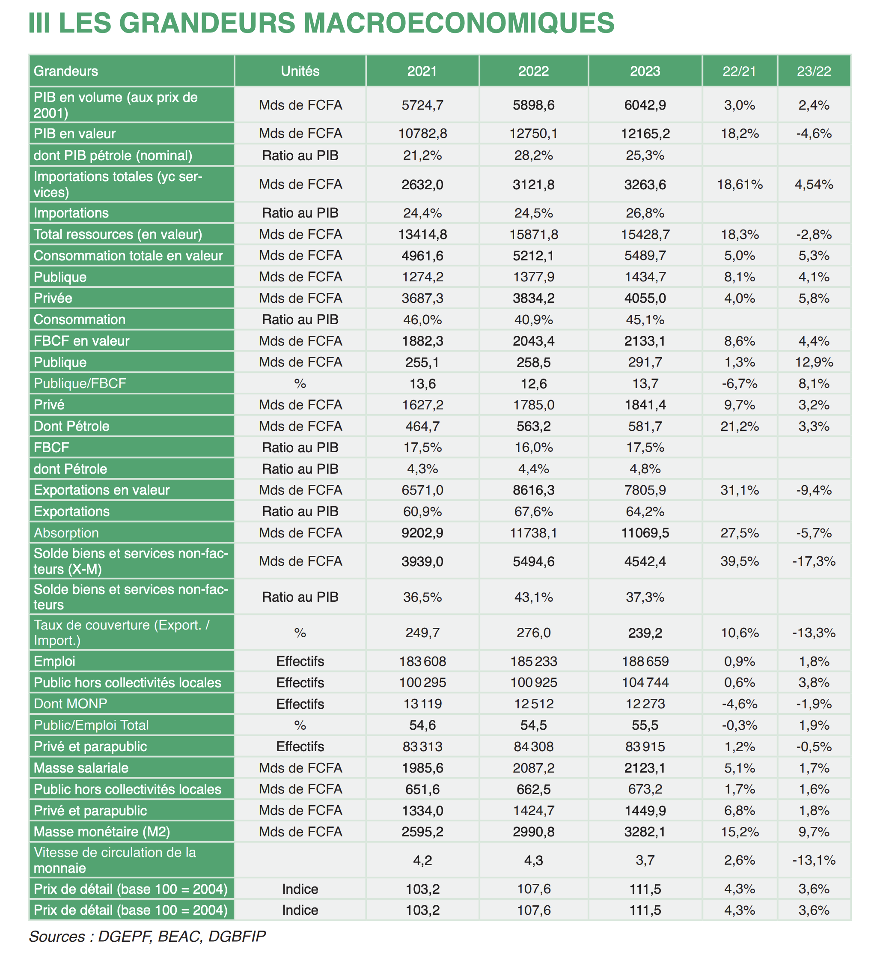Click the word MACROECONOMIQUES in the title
458,23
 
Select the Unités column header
300,71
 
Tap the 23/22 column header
814,71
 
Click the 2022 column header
534,71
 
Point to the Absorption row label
66,533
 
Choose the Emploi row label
54,662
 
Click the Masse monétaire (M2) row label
102,832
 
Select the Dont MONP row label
71,704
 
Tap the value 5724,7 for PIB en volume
422,105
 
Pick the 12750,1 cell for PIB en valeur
534,134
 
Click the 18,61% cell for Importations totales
740,185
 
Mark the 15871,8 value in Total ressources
534,234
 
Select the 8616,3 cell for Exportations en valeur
534,490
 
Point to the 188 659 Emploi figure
645,662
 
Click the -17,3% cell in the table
814,561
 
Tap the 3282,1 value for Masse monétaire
645,832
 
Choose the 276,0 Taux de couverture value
534,633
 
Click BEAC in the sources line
177,936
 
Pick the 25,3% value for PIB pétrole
645,155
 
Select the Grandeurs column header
66,71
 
